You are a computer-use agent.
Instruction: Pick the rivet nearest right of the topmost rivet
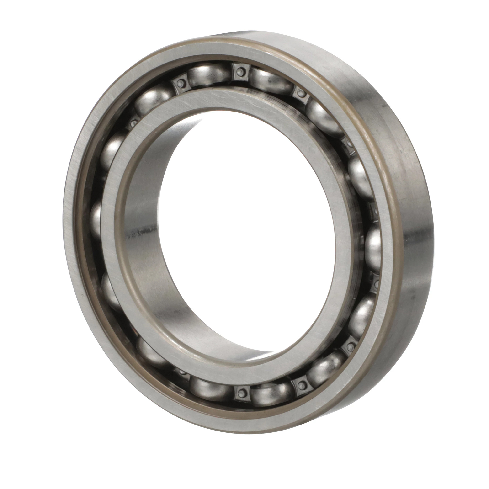click(x=300, y=93)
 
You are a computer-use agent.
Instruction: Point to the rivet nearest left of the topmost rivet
click(x=180, y=83)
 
